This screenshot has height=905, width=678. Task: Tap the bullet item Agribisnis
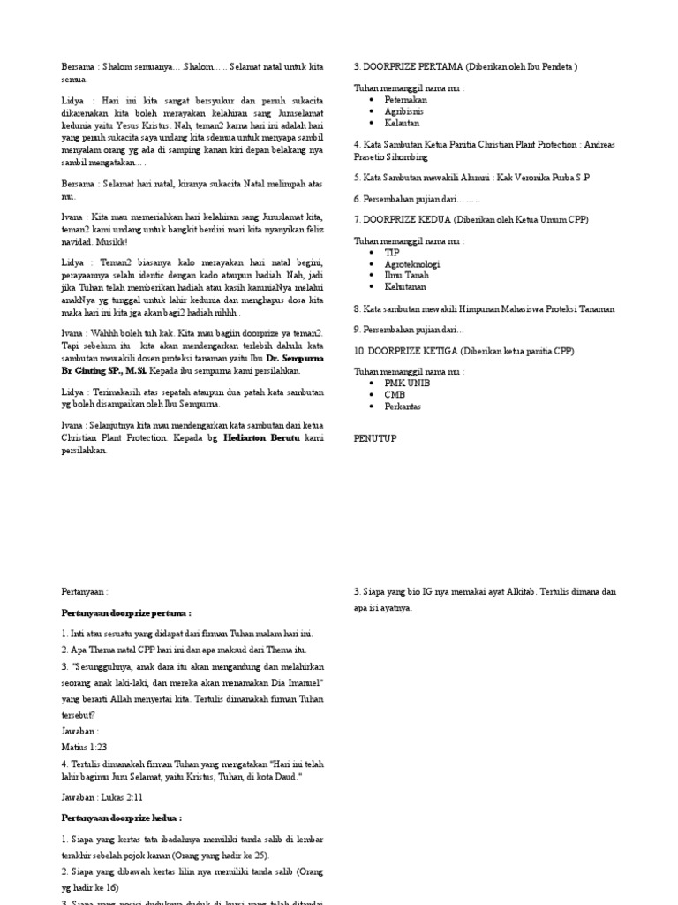click(x=403, y=111)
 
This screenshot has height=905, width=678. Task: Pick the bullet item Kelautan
click(x=402, y=123)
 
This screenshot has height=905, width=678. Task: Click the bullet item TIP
click(x=392, y=253)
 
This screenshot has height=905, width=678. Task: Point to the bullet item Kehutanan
click(x=405, y=287)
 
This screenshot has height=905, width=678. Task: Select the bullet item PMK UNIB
click(x=408, y=384)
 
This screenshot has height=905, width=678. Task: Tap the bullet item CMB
click(x=395, y=395)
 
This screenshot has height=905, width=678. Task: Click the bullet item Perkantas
click(x=403, y=407)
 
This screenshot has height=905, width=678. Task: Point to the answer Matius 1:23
click(x=82, y=747)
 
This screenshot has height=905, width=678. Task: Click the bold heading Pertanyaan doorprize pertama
click(x=126, y=612)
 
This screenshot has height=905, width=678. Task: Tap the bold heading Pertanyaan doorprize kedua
click(x=122, y=818)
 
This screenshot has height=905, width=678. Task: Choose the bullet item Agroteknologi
click(x=412, y=264)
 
